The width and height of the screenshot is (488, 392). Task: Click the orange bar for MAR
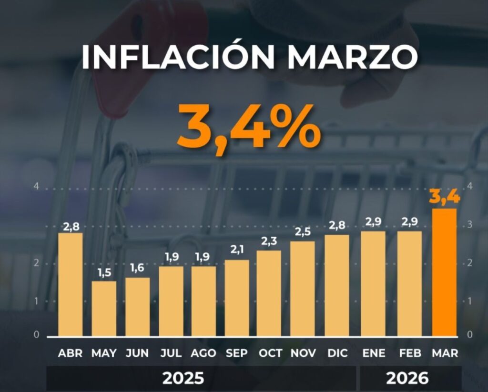point(445,272)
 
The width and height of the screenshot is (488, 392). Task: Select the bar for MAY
point(104,309)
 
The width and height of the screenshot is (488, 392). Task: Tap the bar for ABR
point(71,284)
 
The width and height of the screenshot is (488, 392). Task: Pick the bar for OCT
point(269,293)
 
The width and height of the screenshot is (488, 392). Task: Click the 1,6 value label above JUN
point(138,268)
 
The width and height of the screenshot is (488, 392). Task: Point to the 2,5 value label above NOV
point(302,232)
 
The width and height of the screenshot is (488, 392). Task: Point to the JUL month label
point(171,353)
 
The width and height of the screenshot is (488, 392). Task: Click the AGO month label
point(203,353)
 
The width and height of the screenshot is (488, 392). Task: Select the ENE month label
point(373,353)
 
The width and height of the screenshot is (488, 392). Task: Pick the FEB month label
point(409,353)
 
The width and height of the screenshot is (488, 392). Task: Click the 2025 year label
point(183,379)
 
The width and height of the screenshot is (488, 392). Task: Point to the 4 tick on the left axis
point(36,187)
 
